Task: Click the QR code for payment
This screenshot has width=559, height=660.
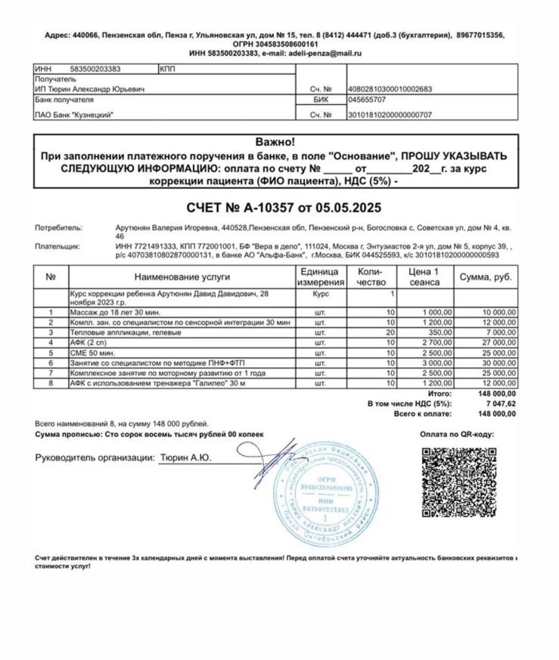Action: [x=459, y=482]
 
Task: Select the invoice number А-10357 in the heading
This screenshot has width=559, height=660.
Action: [x=264, y=208]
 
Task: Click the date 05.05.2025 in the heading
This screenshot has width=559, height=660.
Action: [x=349, y=208]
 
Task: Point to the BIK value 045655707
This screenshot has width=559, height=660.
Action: [x=367, y=100]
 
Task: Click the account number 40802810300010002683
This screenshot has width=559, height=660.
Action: [x=390, y=89]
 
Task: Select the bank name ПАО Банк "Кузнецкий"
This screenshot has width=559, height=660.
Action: [x=74, y=115]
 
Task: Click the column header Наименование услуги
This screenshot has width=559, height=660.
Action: [x=182, y=277]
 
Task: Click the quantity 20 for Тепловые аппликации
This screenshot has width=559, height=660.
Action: [x=390, y=333]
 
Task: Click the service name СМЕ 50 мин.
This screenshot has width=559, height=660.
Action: [x=92, y=353]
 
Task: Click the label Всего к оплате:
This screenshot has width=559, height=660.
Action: [x=422, y=414]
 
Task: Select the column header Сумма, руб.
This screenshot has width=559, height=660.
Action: [x=486, y=277]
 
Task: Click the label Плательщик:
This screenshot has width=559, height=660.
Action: [x=58, y=246]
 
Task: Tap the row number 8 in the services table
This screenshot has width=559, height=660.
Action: [x=51, y=383]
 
